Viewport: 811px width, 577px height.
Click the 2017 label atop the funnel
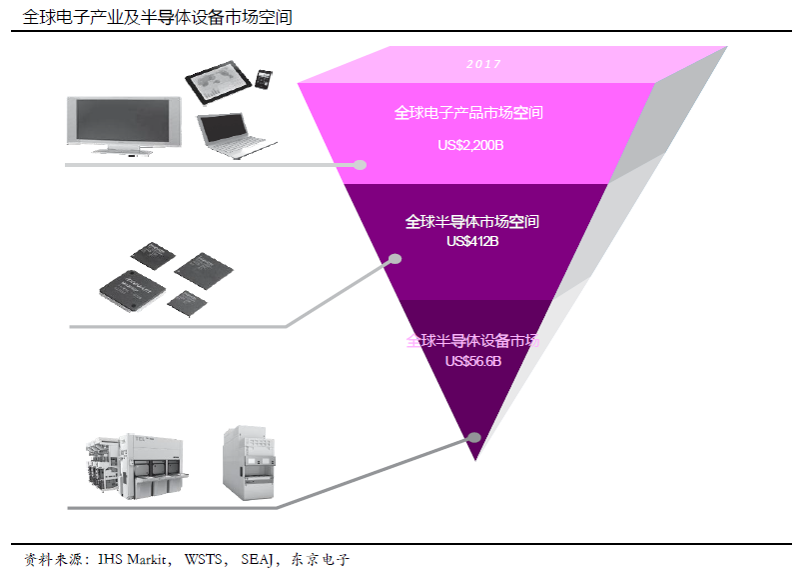[483, 64]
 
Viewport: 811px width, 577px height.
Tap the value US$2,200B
[469, 145]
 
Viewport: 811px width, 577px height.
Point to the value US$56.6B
[472, 361]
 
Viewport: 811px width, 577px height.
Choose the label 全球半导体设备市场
[472, 341]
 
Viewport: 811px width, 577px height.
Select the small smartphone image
[265, 78]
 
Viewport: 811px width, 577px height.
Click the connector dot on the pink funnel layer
[361, 165]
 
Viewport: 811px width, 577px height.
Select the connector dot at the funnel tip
[474, 437]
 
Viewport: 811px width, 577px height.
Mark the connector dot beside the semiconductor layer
[395, 260]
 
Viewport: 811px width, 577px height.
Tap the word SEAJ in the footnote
[257, 559]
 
